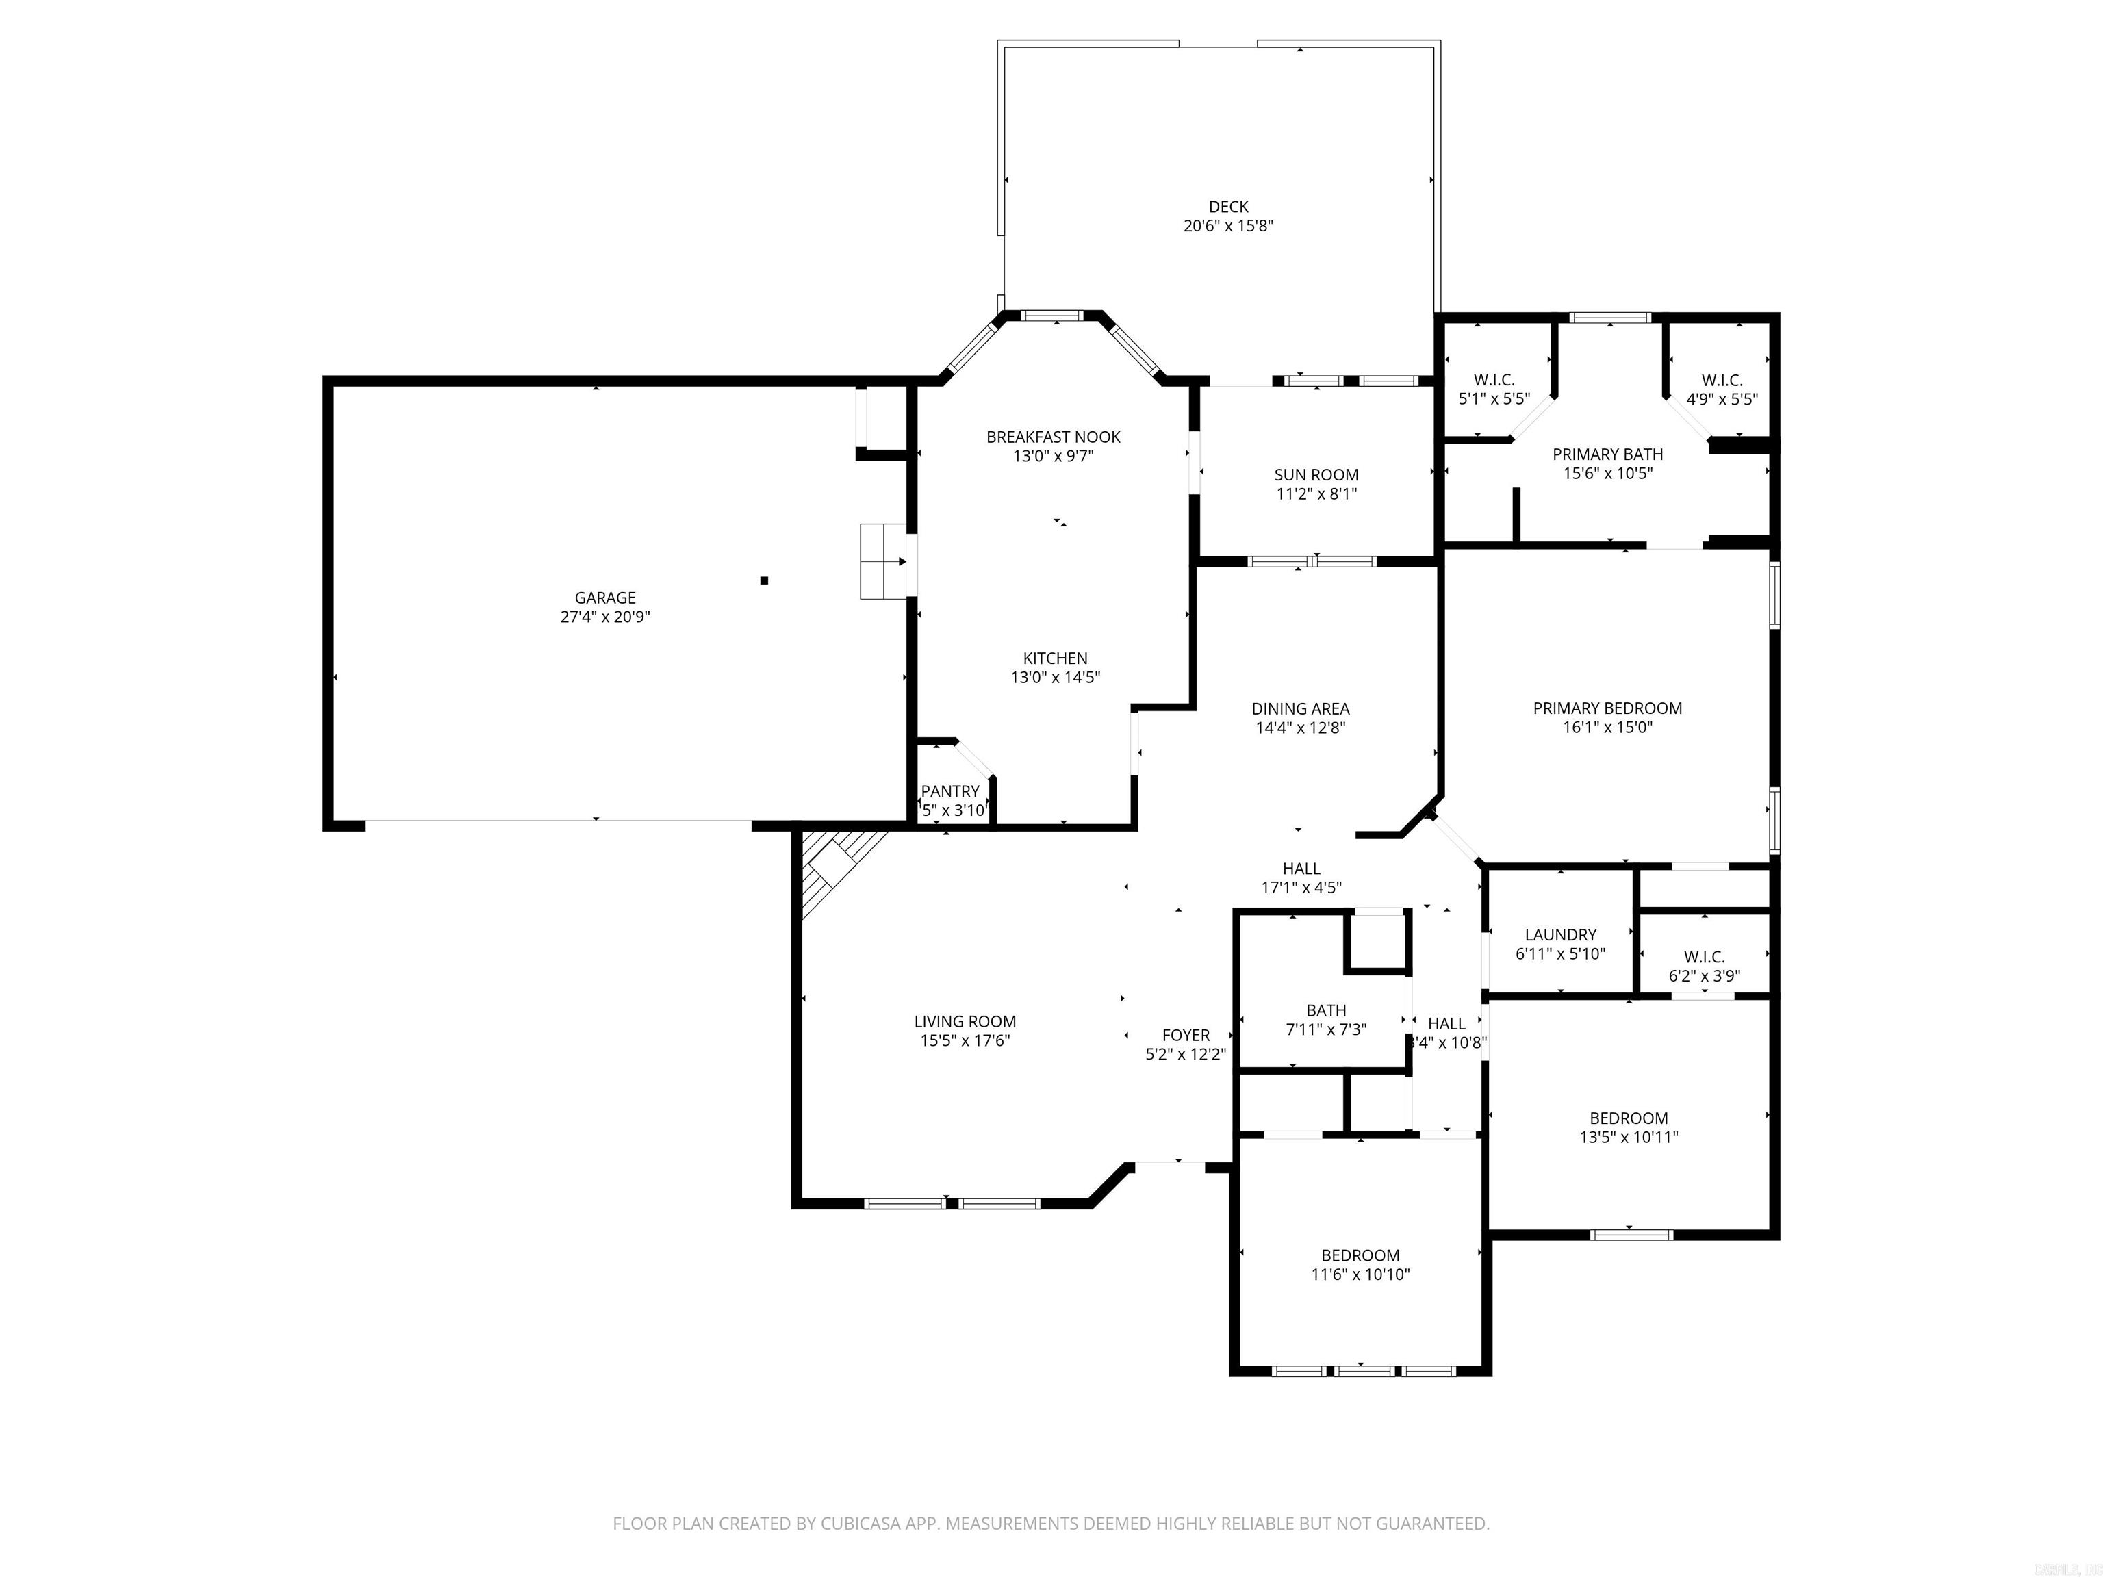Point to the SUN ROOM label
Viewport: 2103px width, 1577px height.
pos(1316,475)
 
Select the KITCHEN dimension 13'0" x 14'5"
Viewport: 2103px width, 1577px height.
pos(1056,678)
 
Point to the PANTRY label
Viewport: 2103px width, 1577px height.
pos(949,791)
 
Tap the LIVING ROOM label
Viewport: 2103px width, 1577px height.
pos(965,1022)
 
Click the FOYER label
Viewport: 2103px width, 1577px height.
pos(1186,1035)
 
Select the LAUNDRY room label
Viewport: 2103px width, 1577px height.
pos(1560,934)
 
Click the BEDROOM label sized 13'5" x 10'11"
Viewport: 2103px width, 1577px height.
pos(1628,1118)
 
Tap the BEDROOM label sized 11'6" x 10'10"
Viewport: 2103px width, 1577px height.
pos(1360,1255)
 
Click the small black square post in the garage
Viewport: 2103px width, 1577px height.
pos(763,580)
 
